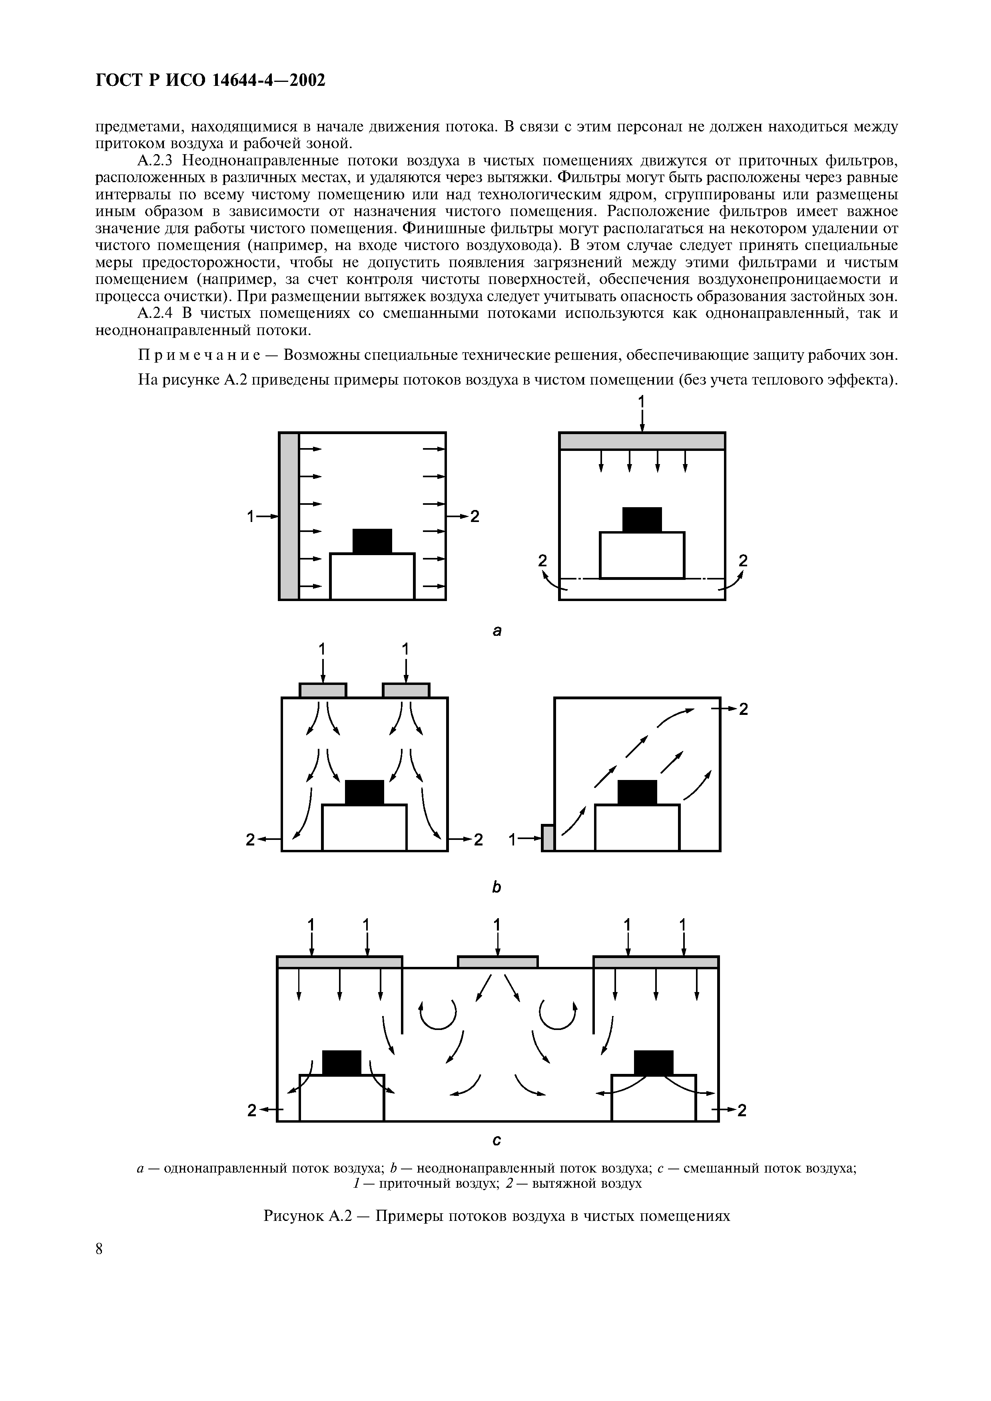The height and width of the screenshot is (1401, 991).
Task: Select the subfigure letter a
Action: tap(497, 631)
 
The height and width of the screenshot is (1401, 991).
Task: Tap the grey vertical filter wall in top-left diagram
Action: tap(289, 516)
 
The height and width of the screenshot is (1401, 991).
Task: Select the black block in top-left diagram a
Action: tap(372, 541)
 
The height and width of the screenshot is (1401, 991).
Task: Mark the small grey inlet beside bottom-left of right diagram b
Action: tap(548, 837)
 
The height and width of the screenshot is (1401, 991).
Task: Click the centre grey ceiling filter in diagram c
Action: tap(498, 962)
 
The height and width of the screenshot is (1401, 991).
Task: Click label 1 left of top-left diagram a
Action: tap(250, 517)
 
